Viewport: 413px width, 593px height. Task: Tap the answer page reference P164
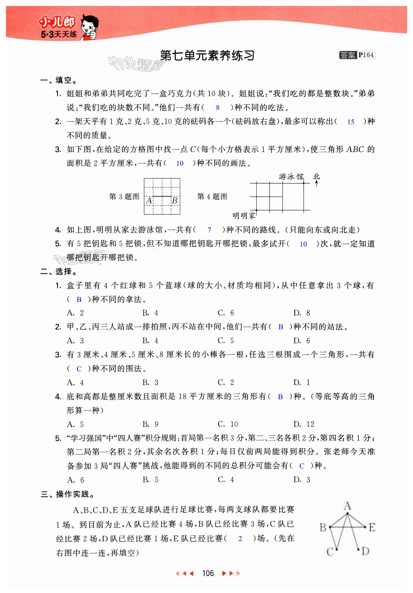coord(366,55)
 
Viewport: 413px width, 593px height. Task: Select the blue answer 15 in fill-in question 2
coord(351,122)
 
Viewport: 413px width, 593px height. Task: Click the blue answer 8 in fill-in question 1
coord(218,108)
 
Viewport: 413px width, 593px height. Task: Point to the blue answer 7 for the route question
coord(209,230)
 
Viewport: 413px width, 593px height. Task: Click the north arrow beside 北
coord(316,184)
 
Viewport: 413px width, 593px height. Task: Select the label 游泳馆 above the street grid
coord(291,177)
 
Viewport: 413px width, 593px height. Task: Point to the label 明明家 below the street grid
coord(244,216)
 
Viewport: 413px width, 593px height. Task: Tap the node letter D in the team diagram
coord(365,551)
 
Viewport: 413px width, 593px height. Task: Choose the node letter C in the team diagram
coord(330,552)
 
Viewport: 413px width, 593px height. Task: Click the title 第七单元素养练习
coord(207,56)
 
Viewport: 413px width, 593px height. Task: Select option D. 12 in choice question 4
coord(304,424)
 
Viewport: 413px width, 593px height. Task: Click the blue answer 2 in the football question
coord(240,539)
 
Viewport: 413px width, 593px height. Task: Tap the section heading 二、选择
coord(59,271)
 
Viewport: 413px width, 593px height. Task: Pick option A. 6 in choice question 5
coord(75,480)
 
